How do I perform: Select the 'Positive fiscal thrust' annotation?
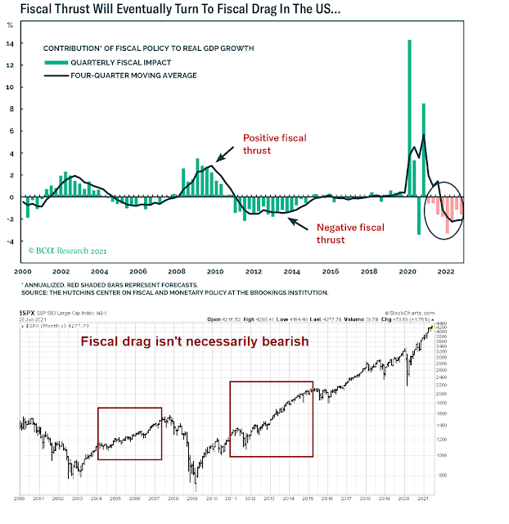(275, 145)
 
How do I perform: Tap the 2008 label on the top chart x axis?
(177, 270)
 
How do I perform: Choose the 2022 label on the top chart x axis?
(447, 270)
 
